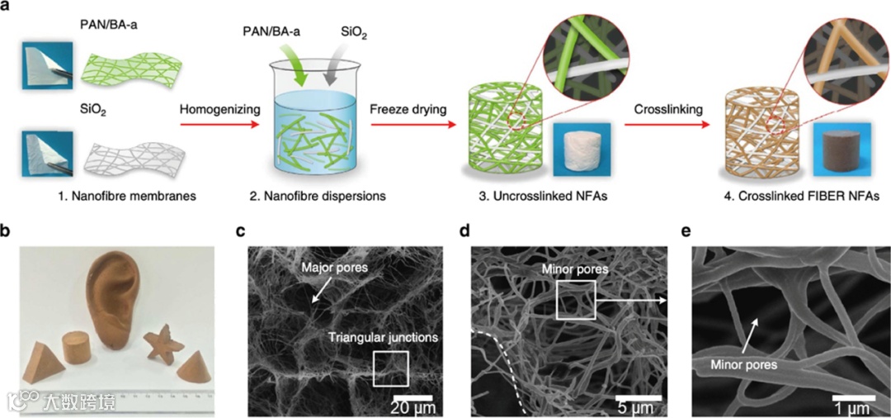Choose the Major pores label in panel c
335,268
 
